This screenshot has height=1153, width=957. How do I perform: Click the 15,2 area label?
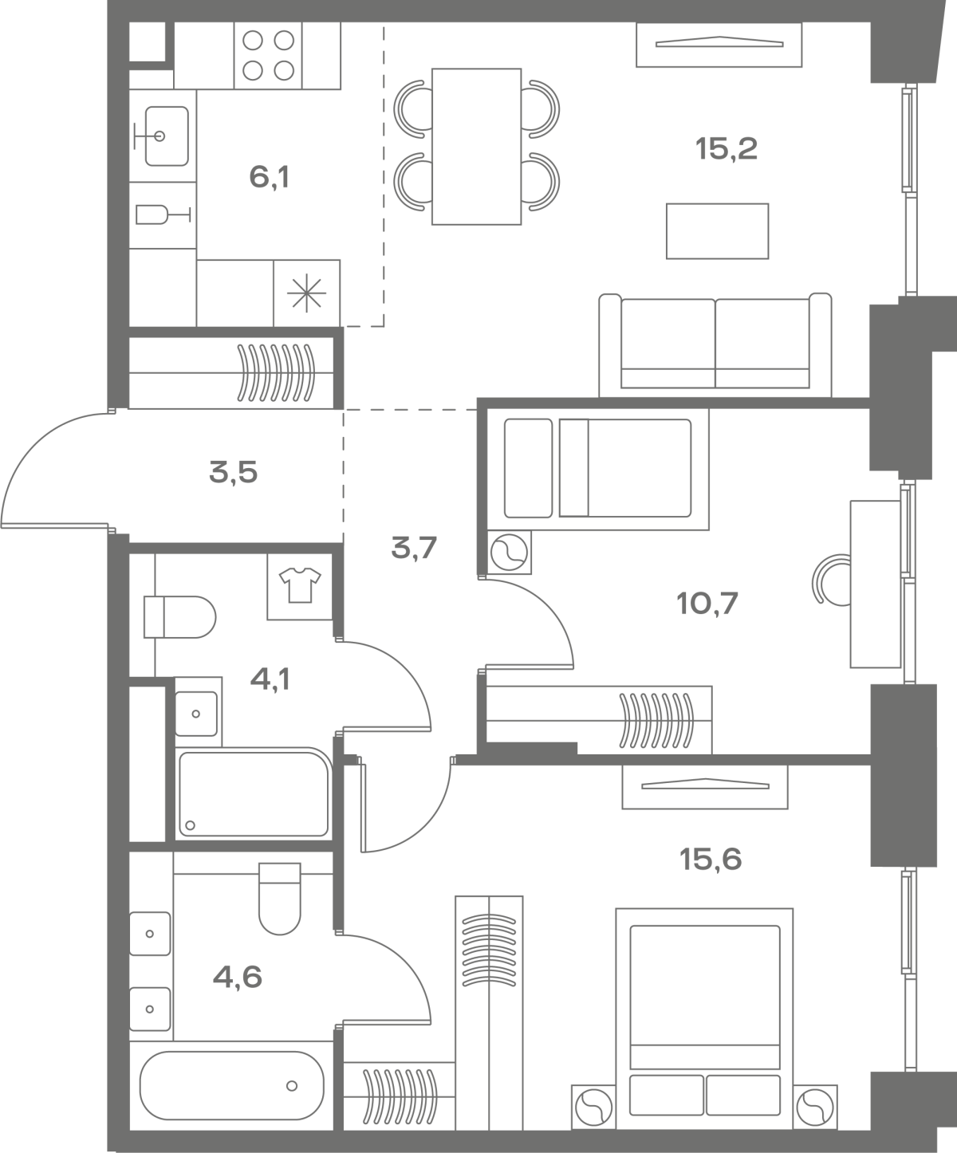coord(727,149)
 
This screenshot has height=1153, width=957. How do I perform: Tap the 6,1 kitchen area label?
coord(269,177)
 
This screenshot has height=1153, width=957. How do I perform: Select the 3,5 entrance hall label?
coord(233,473)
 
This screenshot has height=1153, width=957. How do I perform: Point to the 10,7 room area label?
coord(707,603)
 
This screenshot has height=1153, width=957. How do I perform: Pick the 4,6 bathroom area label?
coord(238,978)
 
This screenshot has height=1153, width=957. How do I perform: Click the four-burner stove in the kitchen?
coord(268,55)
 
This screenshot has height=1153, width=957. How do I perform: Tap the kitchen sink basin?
coord(166,136)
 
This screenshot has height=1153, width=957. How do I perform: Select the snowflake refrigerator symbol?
coord(306,293)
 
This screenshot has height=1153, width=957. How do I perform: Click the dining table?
coord(476,147)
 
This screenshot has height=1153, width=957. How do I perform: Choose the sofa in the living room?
coord(715,345)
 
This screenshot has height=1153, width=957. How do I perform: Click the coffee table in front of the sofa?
coord(717,230)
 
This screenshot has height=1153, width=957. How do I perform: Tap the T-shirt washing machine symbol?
coord(300,586)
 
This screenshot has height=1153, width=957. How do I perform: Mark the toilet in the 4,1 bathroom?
coord(179,617)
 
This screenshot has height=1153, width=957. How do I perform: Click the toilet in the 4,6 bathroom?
coord(279,899)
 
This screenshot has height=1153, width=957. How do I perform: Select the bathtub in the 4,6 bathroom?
coord(232,1086)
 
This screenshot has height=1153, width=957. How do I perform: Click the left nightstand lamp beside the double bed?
coord(593,1108)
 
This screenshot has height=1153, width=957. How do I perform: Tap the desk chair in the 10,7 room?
coord(831,580)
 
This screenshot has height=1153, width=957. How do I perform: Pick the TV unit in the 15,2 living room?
coord(719,44)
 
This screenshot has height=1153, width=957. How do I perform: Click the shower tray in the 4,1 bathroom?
coord(254,793)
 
